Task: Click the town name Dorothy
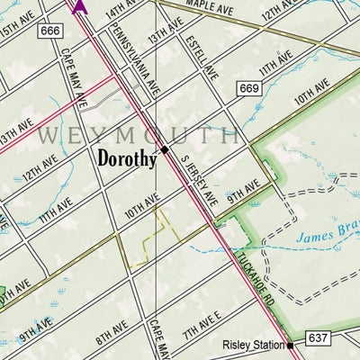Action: tap(127, 159)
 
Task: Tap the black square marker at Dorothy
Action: tap(166, 149)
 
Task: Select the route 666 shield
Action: tap(50, 32)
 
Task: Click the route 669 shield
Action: tap(249, 87)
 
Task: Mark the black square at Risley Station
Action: tap(291, 345)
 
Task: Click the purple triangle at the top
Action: tap(79, 5)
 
